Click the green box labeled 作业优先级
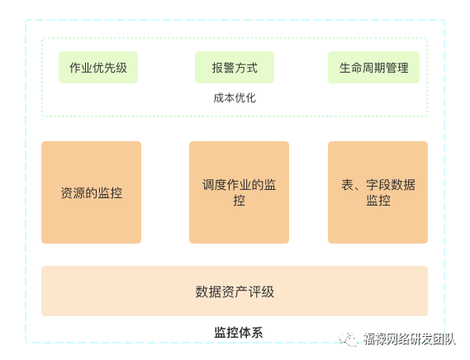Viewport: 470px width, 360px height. point(98,67)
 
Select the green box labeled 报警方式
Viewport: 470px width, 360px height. point(235,67)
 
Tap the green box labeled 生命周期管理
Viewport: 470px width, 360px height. point(373,67)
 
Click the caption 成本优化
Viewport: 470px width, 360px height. point(235,98)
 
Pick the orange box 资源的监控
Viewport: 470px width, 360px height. point(91,192)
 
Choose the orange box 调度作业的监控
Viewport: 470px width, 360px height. point(239,192)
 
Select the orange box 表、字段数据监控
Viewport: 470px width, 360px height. point(377,192)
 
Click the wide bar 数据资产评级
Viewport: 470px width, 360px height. point(235,291)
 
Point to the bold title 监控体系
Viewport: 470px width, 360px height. point(238,333)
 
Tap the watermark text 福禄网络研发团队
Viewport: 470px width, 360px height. point(410,339)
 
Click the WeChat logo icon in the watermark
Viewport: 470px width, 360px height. point(349,339)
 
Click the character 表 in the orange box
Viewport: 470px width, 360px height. point(348,185)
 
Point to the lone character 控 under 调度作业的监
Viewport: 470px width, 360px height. point(240,201)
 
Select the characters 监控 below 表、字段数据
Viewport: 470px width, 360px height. point(378,201)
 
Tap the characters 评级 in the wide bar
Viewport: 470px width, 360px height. point(261,291)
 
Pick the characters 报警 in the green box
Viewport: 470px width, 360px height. point(223,68)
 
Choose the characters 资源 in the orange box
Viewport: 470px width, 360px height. point(74,192)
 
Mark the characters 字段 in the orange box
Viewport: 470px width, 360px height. point(378,185)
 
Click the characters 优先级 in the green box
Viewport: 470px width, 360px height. point(110,68)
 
